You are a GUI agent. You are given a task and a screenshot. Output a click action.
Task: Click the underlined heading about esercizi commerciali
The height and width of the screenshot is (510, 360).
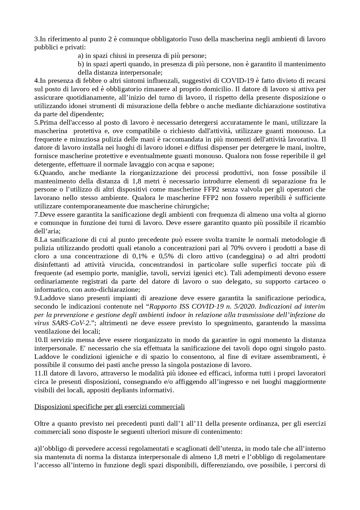[x=109, y=407]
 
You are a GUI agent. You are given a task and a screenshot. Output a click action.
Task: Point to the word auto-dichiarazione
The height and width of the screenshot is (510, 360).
[x=112, y=290]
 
